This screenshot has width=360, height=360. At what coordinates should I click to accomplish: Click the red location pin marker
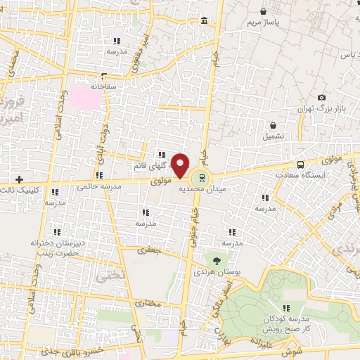pos(181,165)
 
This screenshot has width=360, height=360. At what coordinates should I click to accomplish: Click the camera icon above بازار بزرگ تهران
pos(321,97)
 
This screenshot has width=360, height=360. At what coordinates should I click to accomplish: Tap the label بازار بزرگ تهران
pos(312,110)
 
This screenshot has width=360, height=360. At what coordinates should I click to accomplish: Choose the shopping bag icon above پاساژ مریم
pos(262,12)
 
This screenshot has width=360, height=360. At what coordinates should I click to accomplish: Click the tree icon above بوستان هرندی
pos(216,259)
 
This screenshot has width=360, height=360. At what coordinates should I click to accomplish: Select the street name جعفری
pos(149,250)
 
